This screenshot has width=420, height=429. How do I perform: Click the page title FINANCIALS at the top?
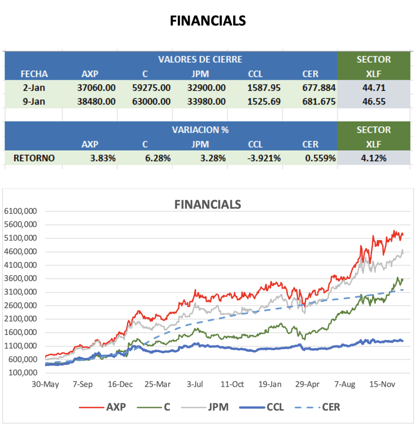(x=208, y=21)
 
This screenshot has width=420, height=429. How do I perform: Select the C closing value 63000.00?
(x=151, y=102)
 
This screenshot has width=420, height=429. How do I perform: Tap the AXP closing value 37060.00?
(x=96, y=88)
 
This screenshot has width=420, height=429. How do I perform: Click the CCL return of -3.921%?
(x=264, y=158)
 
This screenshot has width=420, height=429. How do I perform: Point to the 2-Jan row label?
(x=34, y=88)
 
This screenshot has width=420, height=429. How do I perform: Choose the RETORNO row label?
(x=34, y=158)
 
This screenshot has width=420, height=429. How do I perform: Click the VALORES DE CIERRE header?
(x=200, y=59)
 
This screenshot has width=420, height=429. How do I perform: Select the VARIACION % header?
(x=200, y=130)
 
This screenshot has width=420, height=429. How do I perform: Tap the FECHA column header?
(x=34, y=74)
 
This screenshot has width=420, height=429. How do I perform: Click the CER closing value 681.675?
(x=318, y=102)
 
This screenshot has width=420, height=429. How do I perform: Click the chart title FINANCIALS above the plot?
(x=207, y=204)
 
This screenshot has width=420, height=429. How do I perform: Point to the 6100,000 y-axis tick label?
(x=21, y=211)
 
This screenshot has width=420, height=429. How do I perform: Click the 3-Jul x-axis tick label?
(x=195, y=384)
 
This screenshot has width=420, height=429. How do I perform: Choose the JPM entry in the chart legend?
(x=218, y=407)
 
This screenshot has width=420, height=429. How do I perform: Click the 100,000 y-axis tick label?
(x=23, y=372)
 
